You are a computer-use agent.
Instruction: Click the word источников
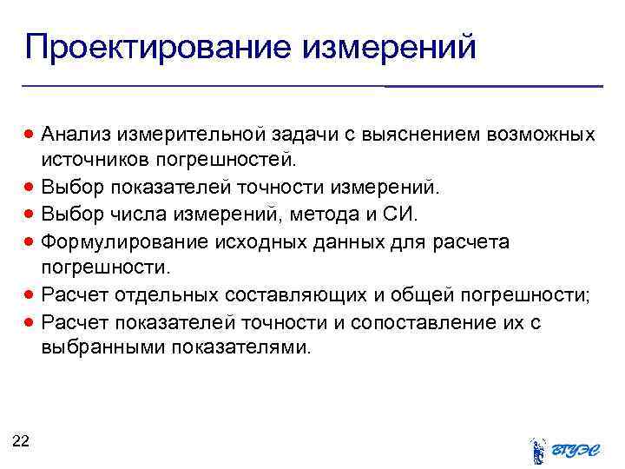click(x=95, y=160)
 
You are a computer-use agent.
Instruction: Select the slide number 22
click(x=21, y=442)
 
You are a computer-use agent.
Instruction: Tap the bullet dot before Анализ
click(x=30, y=135)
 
